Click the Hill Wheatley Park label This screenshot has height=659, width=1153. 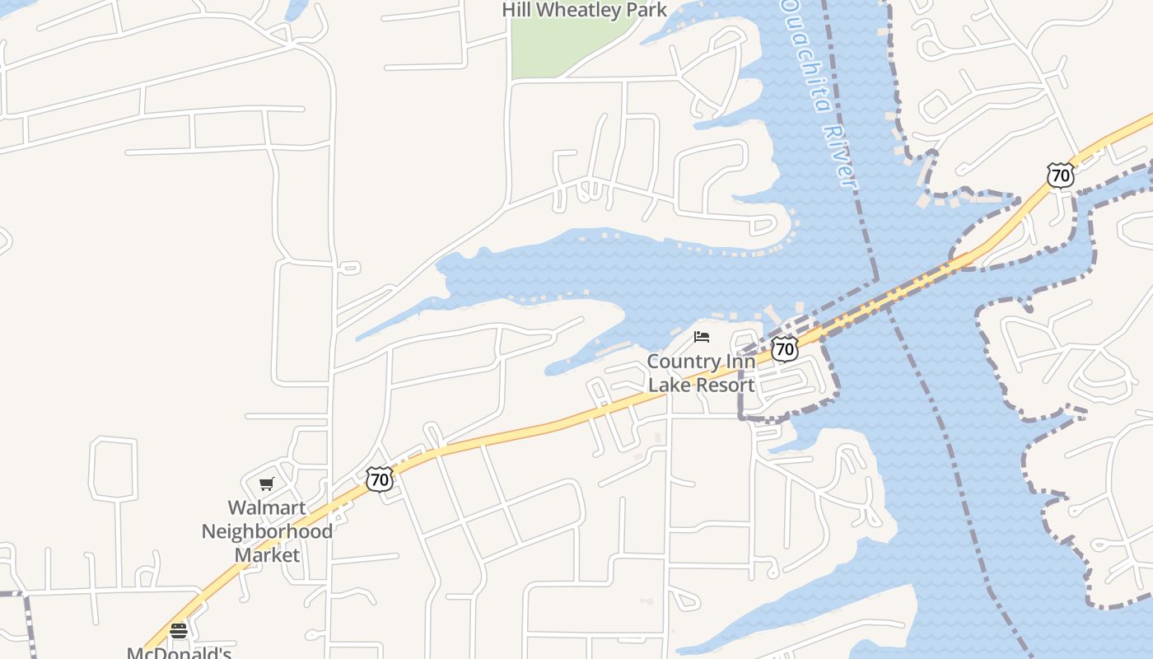[x=584, y=10]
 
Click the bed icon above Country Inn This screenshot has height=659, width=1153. [x=702, y=336]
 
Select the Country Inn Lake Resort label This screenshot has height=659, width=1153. [x=701, y=373]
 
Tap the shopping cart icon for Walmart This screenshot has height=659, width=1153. [x=266, y=484]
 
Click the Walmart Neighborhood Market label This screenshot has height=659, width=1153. [x=267, y=531]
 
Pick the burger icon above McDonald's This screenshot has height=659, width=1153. [x=179, y=631]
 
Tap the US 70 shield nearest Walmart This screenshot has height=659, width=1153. [x=379, y=479]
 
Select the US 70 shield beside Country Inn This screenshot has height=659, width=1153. [x=785, y=348]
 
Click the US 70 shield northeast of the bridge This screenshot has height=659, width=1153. [x=1061, y=175]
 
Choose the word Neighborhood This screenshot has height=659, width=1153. [x=267, y=531]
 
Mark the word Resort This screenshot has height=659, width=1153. [x=726, y=385]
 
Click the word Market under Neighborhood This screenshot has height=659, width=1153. [x=267, y=554]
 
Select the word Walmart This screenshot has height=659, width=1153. [x=266, y=508]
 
